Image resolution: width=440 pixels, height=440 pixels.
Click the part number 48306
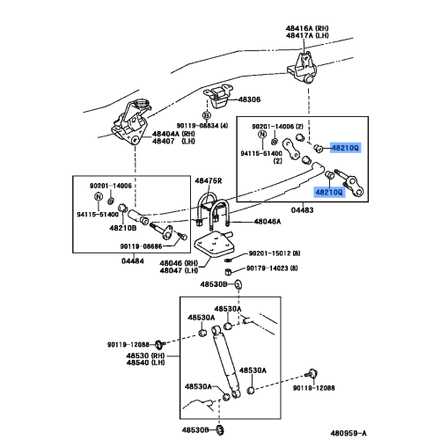(x=249, y=99)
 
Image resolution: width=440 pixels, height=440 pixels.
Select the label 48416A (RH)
(x=307, y=28)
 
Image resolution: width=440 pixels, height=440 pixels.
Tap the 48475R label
(x=209, y=181)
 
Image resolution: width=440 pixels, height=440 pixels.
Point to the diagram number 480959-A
(x=348, y=433)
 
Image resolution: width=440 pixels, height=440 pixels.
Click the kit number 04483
(x=302, y=210)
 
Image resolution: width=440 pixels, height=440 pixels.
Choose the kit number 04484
(x=133, y=260)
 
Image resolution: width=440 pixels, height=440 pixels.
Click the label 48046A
(x=268, y=222)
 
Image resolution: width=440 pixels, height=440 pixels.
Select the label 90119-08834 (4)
(x=202, y=126)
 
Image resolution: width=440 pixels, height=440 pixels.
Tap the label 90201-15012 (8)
(x=275, y=253)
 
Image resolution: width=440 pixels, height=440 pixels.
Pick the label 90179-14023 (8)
(x=272, y=268)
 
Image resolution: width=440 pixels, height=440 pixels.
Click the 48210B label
(x=123, y=228)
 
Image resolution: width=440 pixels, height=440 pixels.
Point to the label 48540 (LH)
(x=145, y=363)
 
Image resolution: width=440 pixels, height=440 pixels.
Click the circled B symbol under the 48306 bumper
(x=207, y=115)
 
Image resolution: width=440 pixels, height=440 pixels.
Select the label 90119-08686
(x=141, y=246)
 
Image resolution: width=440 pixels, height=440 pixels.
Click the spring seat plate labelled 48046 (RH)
(x=214, y=244)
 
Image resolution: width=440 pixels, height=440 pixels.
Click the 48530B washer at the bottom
(x=221, y=430)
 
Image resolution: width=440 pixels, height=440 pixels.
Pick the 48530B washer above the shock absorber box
(x=238, y=284)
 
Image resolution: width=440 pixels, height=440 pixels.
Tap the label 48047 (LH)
(x=179, y=270)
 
